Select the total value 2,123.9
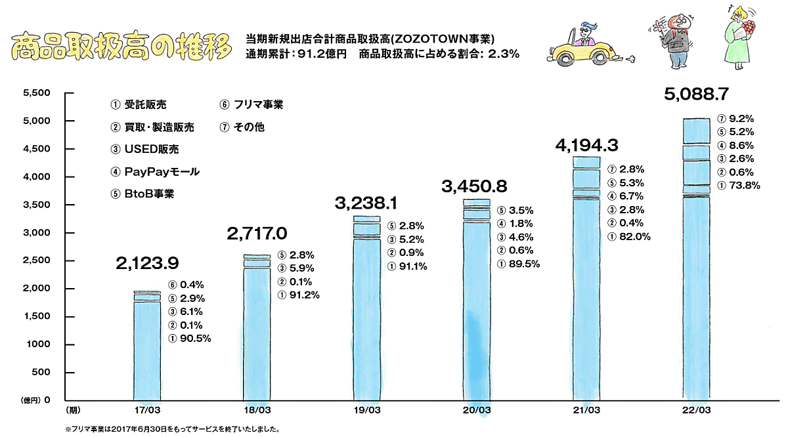[147, 263]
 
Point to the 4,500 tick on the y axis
[37, 149]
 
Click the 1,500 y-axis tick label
[37, 317]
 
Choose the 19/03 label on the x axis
[366, 411]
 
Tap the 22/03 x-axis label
[696, 411]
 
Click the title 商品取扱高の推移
[122, 45]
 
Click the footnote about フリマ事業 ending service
[172, 430]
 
